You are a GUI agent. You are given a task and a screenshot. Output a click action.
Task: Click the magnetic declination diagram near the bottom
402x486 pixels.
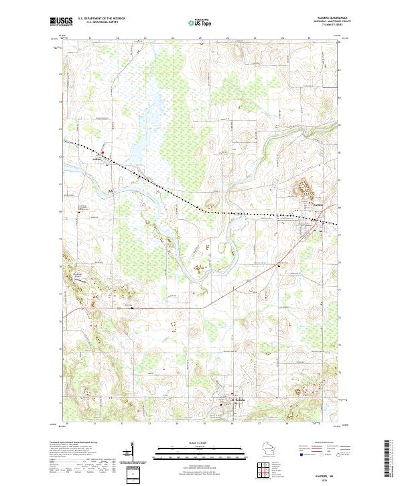click(x=137, y=454)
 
